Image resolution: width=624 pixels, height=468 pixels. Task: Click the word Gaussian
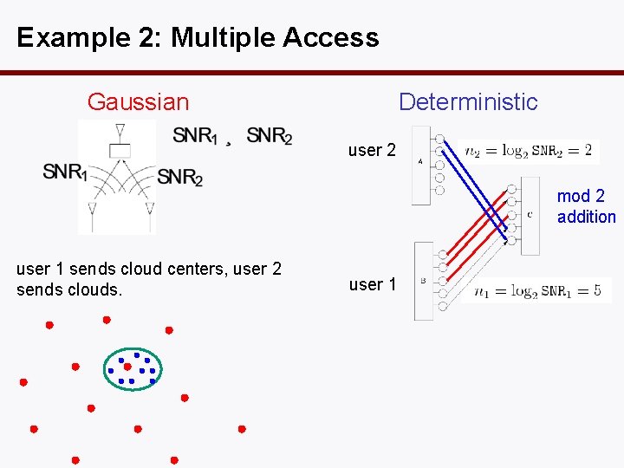click(138, 102)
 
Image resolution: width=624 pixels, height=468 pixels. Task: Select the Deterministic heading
click(468, 102)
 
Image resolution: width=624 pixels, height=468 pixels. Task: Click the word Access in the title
click(334, 38)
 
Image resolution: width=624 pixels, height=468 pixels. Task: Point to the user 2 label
click(372, 150)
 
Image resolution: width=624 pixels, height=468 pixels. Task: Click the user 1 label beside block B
click(372, 284)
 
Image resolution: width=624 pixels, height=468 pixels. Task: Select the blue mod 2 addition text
click(586, 206)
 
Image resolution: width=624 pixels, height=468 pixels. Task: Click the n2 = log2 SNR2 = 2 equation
click(529, 151)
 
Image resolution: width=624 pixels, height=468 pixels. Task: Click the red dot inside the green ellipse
click(127, 367)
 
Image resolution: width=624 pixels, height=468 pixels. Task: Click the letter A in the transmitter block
click(420, 161)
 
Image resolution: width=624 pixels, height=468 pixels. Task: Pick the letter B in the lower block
click(422, 280)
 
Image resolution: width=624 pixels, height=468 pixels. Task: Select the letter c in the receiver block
click(530, 214)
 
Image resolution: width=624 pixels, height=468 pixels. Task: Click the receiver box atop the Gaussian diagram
click(120, 150)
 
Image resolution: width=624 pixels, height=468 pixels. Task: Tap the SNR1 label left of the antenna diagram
click(65, 172)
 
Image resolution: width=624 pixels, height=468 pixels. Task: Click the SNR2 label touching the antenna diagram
click(179, 177)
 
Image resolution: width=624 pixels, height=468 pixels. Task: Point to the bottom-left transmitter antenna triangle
click(92, 208)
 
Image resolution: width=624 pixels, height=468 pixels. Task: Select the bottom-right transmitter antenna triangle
click(149, 208)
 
